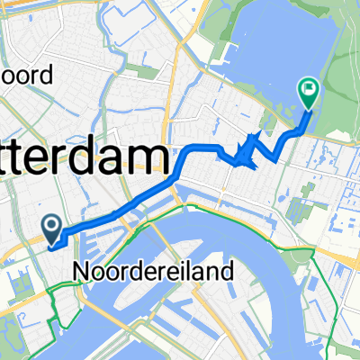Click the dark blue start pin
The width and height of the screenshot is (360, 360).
point(51,228)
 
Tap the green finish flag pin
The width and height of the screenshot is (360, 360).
point(308,91)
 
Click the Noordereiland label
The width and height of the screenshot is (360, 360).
point(161,269)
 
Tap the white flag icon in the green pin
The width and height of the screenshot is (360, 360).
point(308,88)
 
